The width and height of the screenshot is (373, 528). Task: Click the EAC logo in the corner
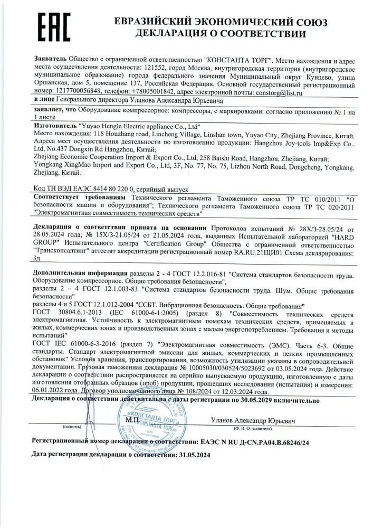[50, 27]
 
